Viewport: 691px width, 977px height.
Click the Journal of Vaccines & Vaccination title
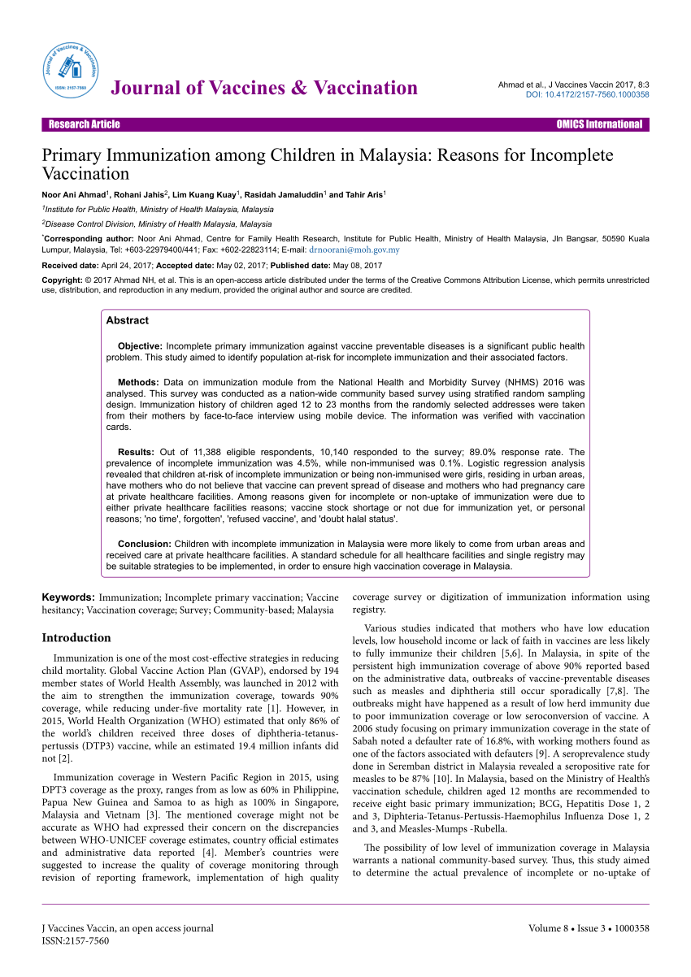264,89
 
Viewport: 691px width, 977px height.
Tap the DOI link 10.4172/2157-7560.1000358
589,95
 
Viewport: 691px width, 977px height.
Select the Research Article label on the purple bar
85,124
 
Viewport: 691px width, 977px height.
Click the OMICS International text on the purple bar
599,124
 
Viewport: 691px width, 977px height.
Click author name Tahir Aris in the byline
363,195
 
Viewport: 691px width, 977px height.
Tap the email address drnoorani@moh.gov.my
354,250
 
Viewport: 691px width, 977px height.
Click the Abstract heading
128,320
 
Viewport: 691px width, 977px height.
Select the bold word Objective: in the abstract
141,346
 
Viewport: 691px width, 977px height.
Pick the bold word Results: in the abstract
136,451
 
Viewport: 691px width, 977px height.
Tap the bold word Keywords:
68,597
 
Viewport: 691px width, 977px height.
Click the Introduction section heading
76,638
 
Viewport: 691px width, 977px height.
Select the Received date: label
69,266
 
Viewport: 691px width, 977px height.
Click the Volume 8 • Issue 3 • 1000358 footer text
589,928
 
